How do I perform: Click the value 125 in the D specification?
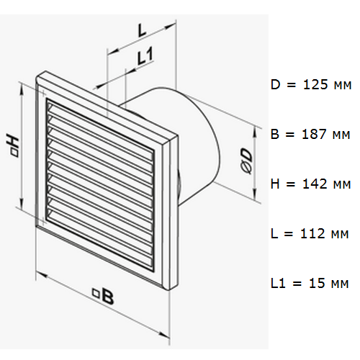315,85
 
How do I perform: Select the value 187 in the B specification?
314,134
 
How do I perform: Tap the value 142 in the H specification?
315,184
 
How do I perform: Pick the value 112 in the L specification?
312,233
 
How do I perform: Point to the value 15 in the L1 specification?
317,283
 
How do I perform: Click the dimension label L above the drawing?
142,30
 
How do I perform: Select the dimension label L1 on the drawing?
145,56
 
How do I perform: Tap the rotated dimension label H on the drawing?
12,145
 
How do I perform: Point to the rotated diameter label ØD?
246,161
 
